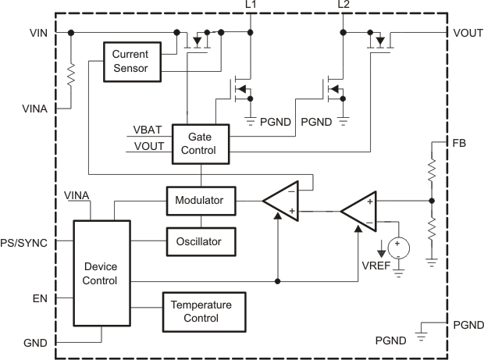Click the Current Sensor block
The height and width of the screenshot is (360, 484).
tap(132, 61)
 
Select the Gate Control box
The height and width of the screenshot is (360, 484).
tap(201, 143)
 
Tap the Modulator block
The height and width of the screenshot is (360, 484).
tap(199, 201)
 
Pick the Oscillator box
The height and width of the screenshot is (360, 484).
tap(199, 241)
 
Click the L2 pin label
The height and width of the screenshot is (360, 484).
tap(343, 6)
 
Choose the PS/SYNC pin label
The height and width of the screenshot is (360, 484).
tap(24, 243)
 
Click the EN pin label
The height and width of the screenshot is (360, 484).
tap(40, 298)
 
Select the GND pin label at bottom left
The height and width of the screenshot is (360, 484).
tap(36, 342)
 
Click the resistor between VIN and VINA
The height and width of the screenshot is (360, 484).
tap(71, 76)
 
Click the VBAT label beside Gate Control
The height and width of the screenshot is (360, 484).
tap(148, 130)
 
